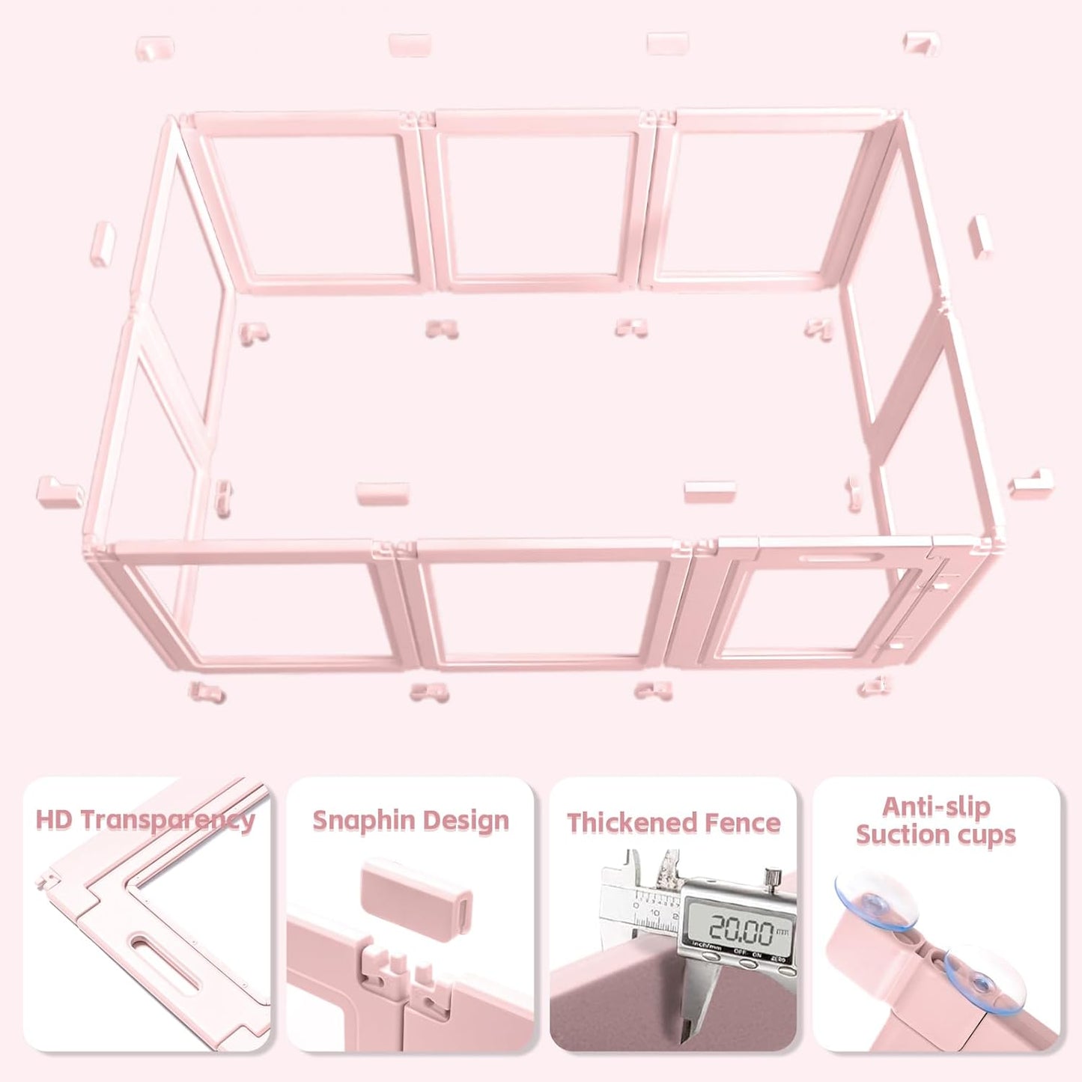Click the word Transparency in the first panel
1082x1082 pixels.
pos(167,820)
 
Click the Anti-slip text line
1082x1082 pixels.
pos(935,806)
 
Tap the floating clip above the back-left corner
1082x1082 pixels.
pos(155,49)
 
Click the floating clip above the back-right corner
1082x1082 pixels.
pos(921,43)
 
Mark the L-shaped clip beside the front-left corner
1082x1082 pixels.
pos(61,490)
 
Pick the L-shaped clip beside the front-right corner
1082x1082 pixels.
pos(1031,483)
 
